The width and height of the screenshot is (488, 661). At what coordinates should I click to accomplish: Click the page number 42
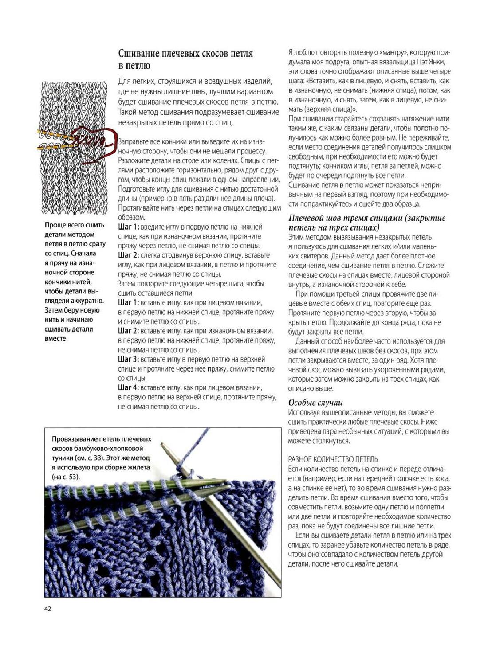(x=47, y=609)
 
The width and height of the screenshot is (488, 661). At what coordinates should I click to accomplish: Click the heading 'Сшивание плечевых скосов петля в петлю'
(x=185, y=59)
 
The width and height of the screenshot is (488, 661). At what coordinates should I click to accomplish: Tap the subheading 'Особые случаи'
(x=315, y=403)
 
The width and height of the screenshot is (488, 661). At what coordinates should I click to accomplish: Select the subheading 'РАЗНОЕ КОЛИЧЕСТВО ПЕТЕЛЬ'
(x=333, y=459)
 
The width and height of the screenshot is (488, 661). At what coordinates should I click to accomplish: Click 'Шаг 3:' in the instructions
(x=128, y=360)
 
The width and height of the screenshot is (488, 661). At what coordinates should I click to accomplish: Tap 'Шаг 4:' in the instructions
(x=128, y=387)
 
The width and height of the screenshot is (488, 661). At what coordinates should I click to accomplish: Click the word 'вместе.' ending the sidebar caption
(x=56, y=339)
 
